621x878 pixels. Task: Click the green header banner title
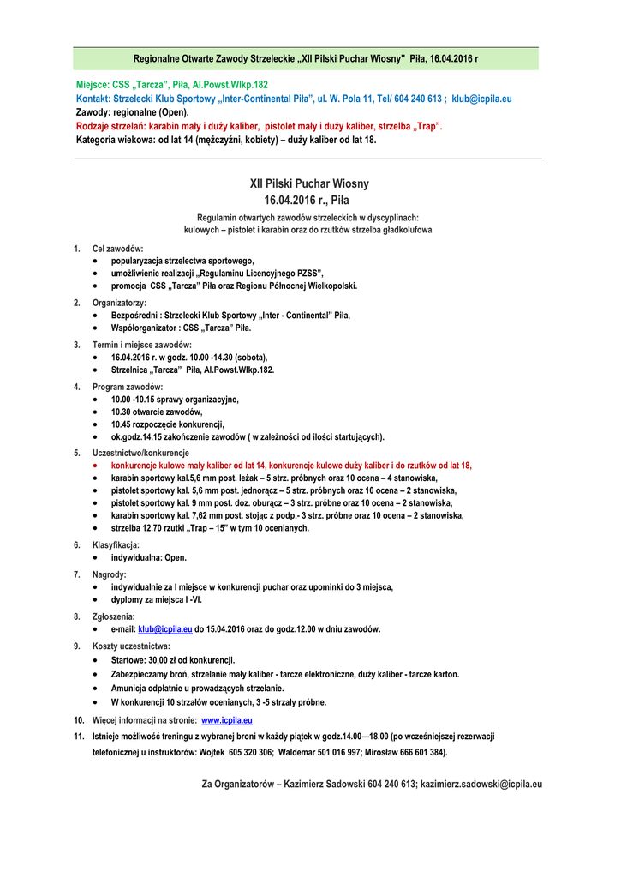[306, 59]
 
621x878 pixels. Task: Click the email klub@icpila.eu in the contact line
[481, 99]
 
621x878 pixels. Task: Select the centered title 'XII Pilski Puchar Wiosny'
[309, 183]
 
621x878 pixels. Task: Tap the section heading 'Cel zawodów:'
[118, 249]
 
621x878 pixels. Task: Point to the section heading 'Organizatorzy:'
[119, 303]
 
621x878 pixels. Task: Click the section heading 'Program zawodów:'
[128, 387]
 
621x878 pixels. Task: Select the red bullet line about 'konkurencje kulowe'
[291, 465]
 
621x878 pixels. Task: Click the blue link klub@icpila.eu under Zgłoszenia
[165, 628]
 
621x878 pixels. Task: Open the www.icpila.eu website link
[226, 720]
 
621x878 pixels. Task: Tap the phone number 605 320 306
[248, 752]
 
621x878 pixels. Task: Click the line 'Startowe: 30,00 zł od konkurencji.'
[173, 660]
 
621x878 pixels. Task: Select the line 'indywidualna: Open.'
[149, 557]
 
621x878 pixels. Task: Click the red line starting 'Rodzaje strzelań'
[260, 126]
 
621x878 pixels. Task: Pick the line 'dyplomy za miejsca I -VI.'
[157, 599]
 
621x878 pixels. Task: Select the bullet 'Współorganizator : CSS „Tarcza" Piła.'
[182, 328]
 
